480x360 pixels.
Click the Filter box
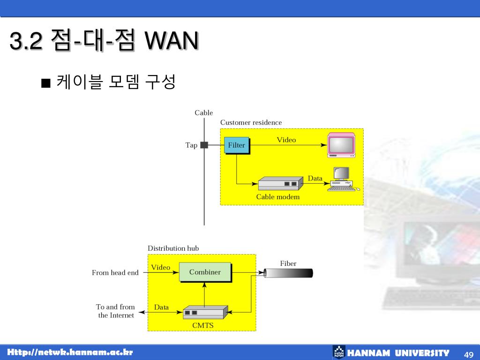tap(237, 145)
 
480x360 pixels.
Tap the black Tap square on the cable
tap(204, 145)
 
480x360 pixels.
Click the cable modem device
tap(280, 184)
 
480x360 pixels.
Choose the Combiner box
tap(205, 272)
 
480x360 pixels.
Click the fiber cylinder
tap(288, 273)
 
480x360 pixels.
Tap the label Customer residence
tap(251, 123)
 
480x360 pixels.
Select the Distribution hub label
tap(173, 248)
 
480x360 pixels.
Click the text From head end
tap(115, 273)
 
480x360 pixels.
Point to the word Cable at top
tap(204, 113)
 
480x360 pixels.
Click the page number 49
tap(469, 353)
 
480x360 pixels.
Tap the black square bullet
tap(45, 83)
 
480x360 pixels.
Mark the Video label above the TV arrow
tap(286, 140)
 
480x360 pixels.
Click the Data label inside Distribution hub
tap(161, 307)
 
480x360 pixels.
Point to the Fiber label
tap(288, 263)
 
